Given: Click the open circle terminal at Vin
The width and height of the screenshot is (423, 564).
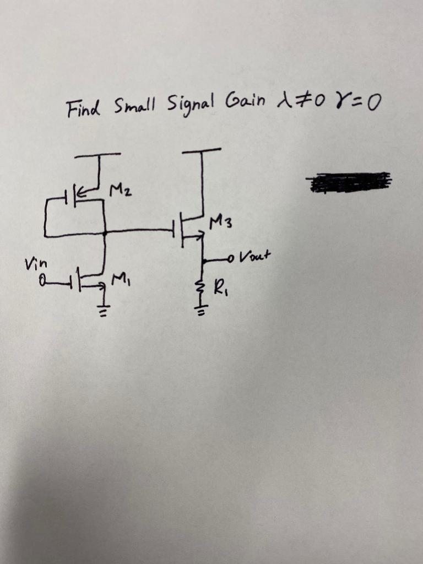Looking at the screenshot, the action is point(42,283).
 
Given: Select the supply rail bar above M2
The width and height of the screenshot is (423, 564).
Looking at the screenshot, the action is point(98,155).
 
